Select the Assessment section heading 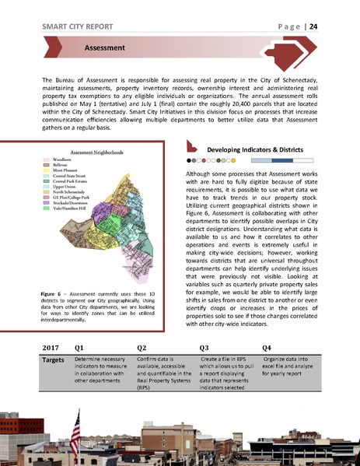(107, 50)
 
